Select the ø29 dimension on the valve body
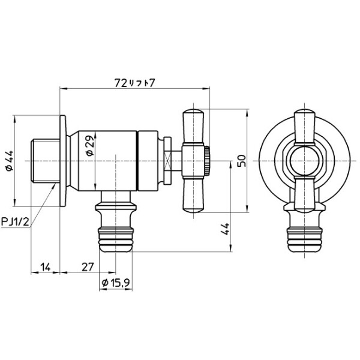[89, 146]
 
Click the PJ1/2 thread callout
[14, 223]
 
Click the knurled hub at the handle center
[206, 161]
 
